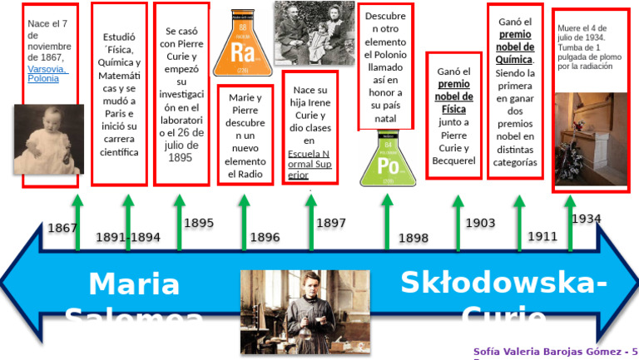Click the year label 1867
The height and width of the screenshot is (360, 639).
62,228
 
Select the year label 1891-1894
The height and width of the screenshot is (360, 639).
127,237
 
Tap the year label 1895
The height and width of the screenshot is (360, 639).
198,223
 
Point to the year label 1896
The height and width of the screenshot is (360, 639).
265,238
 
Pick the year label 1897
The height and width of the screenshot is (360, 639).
330,223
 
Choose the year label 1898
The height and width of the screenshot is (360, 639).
413,238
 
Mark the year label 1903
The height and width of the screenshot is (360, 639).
479,223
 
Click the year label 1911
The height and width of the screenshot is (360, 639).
542,236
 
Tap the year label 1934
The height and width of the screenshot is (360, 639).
586,219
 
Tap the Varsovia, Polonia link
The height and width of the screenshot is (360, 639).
47,74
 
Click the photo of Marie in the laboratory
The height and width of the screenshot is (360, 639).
292,311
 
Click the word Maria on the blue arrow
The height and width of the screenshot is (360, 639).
134,284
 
